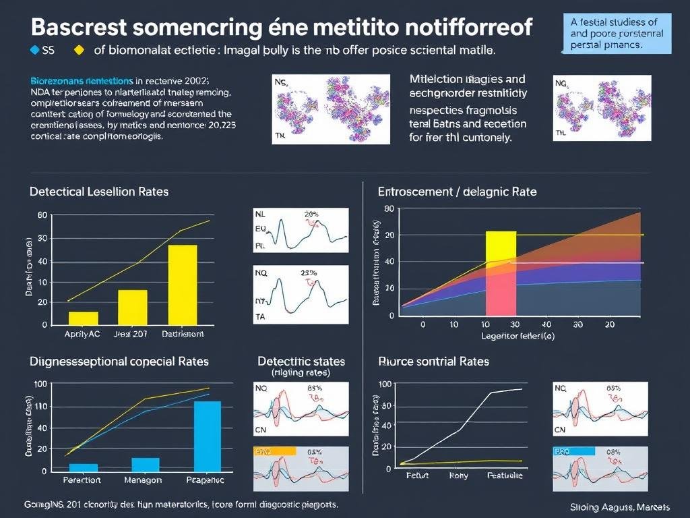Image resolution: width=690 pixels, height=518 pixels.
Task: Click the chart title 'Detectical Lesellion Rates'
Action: pos(99,192)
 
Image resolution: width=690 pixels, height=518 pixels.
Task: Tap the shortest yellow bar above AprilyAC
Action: pos(84,318)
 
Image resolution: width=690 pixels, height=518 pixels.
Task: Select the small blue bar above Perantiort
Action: pos(84,467)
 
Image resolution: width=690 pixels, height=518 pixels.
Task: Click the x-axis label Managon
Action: pos(143,480)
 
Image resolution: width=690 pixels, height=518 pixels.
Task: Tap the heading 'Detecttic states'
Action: pos(301,362)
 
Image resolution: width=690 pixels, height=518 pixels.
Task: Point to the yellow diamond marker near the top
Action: pos(80,49)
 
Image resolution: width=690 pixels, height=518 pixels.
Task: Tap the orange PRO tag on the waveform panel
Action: pos(274,452)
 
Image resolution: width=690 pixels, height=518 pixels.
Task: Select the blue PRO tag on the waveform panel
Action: pos(574,452)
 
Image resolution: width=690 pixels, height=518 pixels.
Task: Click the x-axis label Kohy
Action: pos(458,476)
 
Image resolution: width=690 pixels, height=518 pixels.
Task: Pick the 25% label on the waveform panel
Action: pos(308,273)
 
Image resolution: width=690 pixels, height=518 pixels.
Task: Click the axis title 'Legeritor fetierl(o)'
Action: pos(517,336)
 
